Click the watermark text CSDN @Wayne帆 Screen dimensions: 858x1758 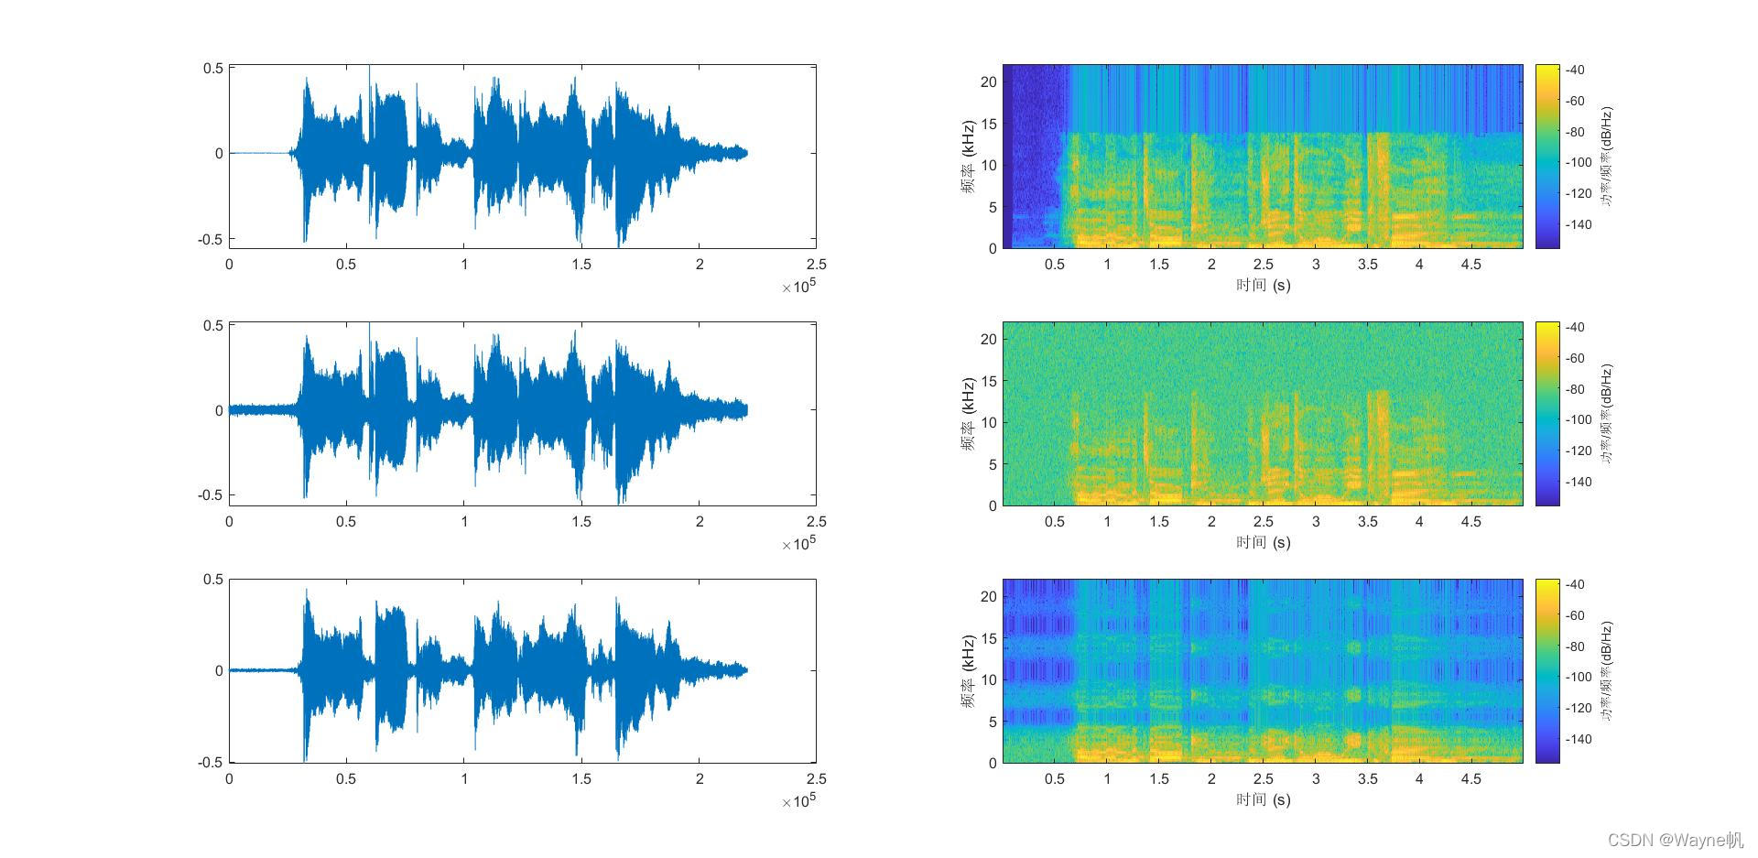(1676, 840)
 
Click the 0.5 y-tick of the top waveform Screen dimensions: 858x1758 (213, 68)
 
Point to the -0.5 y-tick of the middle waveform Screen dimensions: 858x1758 (211, 495)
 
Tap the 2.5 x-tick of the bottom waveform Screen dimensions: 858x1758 (816, 779)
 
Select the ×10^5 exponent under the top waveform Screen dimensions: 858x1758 (798, 287)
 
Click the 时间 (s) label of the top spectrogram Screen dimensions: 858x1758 (1263, 285)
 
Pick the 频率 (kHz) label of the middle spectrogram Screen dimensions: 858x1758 (968, 414)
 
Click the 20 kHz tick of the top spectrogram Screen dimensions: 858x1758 (988, 82)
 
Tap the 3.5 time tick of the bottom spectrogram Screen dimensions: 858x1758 (1367, 779)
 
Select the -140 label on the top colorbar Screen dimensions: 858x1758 (1577, 224)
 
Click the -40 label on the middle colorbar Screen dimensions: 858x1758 (1574, 327)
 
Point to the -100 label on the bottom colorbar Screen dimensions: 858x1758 (1577, 677)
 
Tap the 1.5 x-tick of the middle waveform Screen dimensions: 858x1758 (581, 522)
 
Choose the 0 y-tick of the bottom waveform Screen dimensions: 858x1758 (219, 670)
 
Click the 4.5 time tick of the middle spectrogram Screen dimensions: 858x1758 (1470, 522)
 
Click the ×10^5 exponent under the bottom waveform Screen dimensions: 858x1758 (798, 801)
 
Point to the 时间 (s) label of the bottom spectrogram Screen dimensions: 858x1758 (1263, 799)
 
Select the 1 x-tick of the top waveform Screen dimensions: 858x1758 (464, 265)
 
